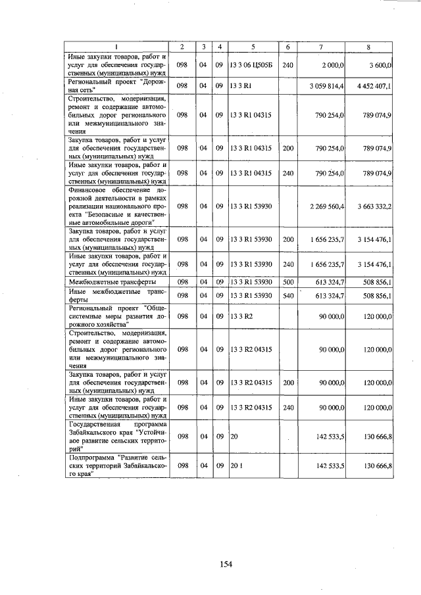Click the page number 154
pos(227,563)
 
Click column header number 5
pos(253,47)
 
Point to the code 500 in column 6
pos(287,282)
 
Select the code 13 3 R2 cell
pos(241,316)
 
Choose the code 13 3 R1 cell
pos(241,85)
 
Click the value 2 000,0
pos(333,66)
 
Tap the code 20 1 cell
pos(236,465)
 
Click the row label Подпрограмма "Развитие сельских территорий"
pos(116,465)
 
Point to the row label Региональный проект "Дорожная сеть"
pos(116,85)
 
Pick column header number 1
pos(116,47)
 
